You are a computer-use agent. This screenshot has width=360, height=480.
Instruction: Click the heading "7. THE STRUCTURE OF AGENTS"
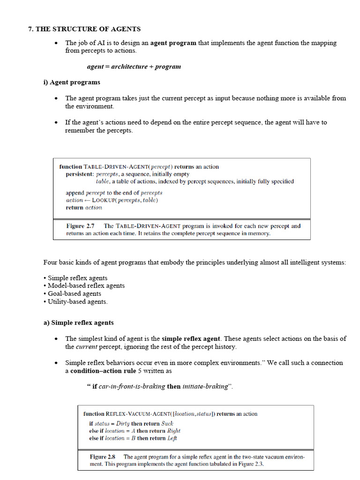(x=84, y=29)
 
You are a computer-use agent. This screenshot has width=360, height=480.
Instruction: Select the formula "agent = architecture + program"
(x=134, y=67)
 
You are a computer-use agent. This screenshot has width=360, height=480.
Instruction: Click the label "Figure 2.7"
(x=80, y=226)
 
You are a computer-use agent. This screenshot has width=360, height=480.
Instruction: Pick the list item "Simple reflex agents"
(x=77, y=278)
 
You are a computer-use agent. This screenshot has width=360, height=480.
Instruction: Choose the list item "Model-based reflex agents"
(x=86, y=285)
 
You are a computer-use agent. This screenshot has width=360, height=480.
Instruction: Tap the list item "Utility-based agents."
(x=77, y=301)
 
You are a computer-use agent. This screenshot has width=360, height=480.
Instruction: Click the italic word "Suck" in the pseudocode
(x=167, y=423)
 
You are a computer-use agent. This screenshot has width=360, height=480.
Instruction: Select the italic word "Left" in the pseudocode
(x=172, y=438)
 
